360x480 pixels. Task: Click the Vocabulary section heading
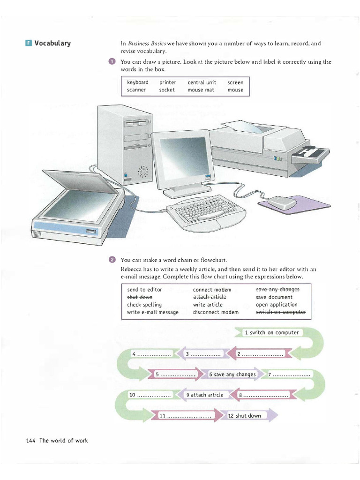pyautogui.click(x=52, y=44)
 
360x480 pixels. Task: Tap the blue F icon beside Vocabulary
pyautogui.click(x=29, y=44)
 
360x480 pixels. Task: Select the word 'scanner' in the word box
pyautogui.click(x=136, y=90)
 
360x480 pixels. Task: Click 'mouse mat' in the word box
pyautogui.click(x=201, y=90)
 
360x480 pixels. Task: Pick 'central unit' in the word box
pyautogui.click(x=202, y=82)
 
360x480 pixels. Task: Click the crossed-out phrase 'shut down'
pyautogui.click(x=140, y=297)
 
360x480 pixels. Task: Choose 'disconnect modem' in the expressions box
pyautogui.click(x=216, y=312)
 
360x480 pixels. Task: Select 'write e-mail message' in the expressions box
pyautogui.click(x=153, y=312)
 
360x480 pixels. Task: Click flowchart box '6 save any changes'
pyautogui.click(x=232, y=375)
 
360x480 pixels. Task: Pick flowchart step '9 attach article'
pyautogui.click(x=205, y=395)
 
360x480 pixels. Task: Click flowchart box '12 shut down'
pyautogui.click(x=245, y=416)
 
